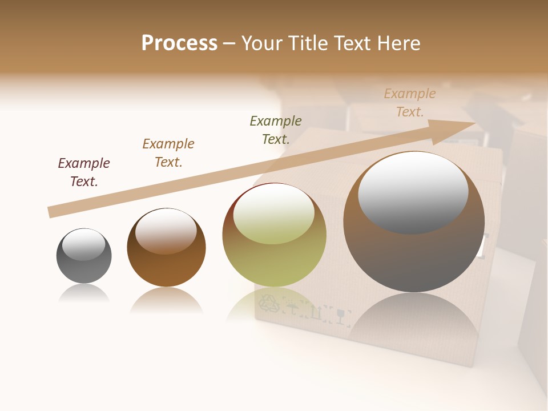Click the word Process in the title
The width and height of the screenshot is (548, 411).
pos(179,43)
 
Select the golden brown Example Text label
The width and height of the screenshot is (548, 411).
pos(168,153)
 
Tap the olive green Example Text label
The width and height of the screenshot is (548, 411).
pos(276,130)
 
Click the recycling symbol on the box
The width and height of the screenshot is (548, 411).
pos(269,305)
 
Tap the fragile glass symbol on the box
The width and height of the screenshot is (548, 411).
pos(341,315)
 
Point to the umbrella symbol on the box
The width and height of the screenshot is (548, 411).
pos(292,309)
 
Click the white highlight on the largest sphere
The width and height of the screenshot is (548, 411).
pos(413,191)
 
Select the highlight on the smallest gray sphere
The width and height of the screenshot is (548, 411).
pos(84,244)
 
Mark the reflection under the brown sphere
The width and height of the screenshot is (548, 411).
pos(166,299)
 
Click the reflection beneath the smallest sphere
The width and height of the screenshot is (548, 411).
pos(84,293)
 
